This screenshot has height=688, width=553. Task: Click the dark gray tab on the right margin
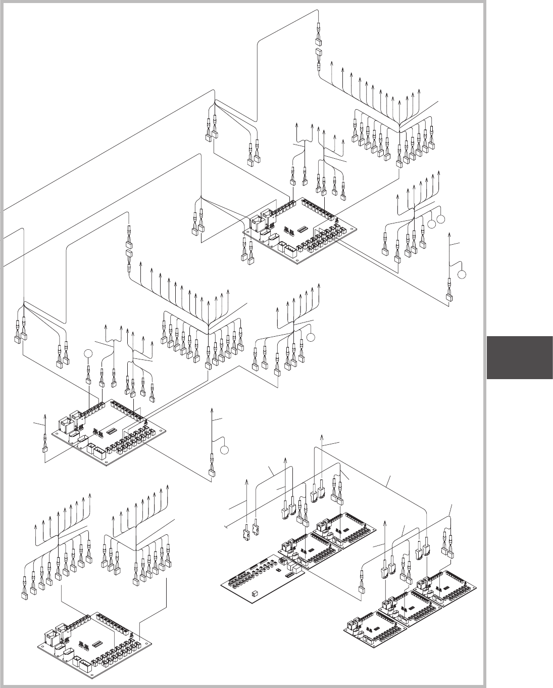coord(520,357)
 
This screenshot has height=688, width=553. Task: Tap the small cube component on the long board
coord(255,591)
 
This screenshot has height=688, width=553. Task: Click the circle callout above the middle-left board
coord(88,353)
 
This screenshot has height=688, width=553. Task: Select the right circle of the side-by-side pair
coord(441,220)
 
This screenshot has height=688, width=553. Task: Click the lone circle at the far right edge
coord(463,274)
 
